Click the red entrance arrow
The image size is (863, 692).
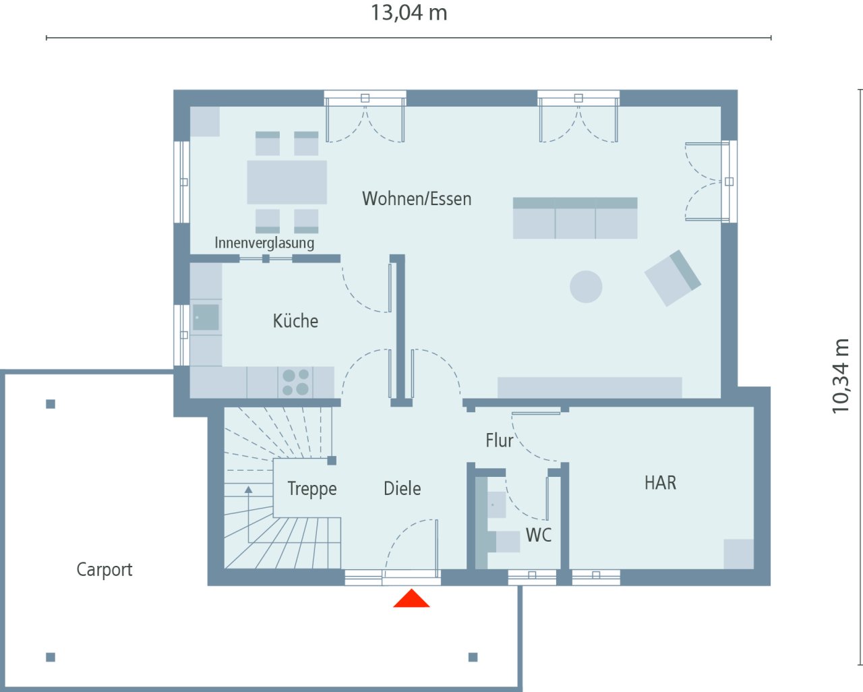[411, 600]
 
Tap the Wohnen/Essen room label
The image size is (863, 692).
[417, 199]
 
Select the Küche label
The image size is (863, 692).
[295, 321]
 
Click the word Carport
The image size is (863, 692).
[105, 570]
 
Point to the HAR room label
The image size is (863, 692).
[660, 483]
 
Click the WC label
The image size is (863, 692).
[538, 536]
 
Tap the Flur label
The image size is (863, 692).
[499, 440]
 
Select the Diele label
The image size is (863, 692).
[402, 489]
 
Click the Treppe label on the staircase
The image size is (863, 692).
[311, 489]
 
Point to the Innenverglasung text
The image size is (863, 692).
[264, 243]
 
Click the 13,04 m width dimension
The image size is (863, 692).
[409, 13]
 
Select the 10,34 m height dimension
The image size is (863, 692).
[841, 376]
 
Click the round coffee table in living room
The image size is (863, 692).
[586, 287]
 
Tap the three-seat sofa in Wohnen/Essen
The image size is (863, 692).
[575, 219]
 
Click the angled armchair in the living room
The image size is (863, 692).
[672, 278]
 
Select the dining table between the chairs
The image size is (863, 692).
[287, 182]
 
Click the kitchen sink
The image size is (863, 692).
[206, 317]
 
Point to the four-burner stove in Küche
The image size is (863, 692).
[295, 382]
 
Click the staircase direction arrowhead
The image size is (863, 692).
[249, 490]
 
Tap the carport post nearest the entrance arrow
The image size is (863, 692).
[473, 657]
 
